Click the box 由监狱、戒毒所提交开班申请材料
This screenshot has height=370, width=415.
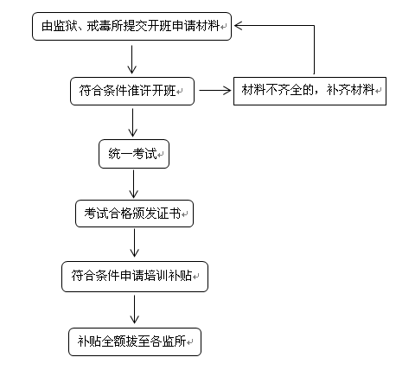pyautogui.click(x=131, y=26)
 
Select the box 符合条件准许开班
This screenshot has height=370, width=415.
pyautogui.click(x=132, y=91)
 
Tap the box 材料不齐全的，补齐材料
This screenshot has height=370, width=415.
pyautogui.click(x=310, y=91)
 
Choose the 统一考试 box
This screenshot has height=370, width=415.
pyautogui.click(x=134, y=154)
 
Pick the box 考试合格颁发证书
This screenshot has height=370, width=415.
pyautogui.click(x=134, y=214)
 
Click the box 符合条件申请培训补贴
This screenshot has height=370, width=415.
pyautogui.click(x=135, y=277)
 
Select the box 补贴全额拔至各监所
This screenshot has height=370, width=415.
pyautogui.click(x=135, y=341)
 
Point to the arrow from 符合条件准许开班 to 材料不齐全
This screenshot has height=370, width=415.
pyautogui.click(x=215, y=91)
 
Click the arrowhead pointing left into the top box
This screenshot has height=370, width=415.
pyautogui.click(x=238, y=25)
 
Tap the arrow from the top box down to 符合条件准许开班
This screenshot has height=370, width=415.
pyautogui.click(x=131, y=60)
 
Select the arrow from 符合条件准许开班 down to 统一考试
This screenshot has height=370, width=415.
pyautogui.click(x=132, y=123)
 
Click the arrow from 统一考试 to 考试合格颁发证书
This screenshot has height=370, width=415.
pyautogui.click(x=133, y=184)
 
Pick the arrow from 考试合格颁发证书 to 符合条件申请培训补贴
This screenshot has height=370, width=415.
pyautogui.click(x=134, y=243)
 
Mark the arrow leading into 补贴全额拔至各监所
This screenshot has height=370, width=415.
pyautogui.click(x=134, y=309)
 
